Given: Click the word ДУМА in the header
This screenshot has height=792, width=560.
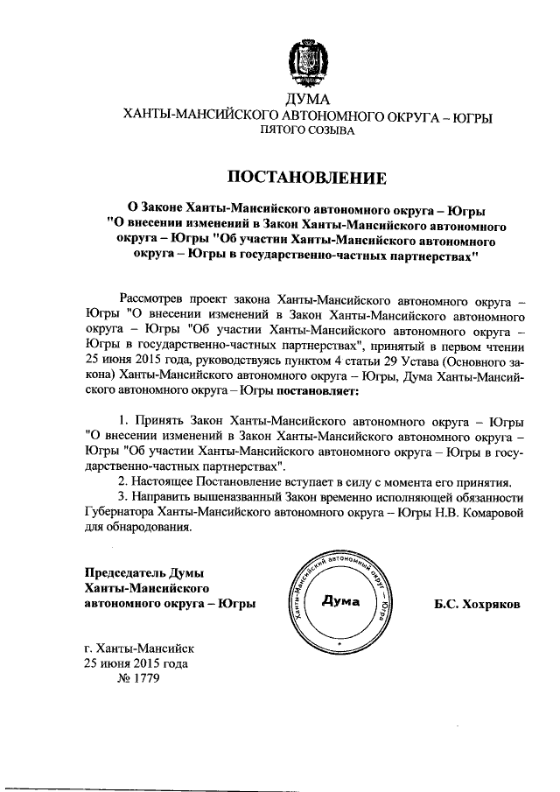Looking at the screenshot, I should point(306,99).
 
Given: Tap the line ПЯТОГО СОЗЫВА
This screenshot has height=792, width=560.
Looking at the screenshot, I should point(306,130).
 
